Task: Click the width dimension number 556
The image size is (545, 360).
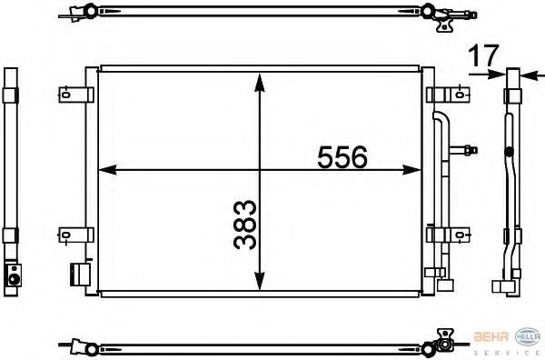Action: click(x=342, y=157)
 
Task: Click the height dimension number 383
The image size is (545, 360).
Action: click(x=245, y=225)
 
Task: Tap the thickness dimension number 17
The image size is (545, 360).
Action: click(x=483, y=55)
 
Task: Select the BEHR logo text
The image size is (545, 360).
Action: click(x=491, y=336)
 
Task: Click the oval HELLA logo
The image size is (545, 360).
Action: click(x=527, y=336)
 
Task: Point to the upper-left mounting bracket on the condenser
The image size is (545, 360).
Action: click(x=76, y=95)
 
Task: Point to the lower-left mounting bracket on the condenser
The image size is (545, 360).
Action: click(x=75, y=235)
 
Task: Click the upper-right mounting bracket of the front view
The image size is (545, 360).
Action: click(x=448, y=95)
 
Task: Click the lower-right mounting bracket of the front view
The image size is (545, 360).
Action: click(x=448, y=235)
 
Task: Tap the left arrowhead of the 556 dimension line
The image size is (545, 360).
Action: click(x=107, y=170)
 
